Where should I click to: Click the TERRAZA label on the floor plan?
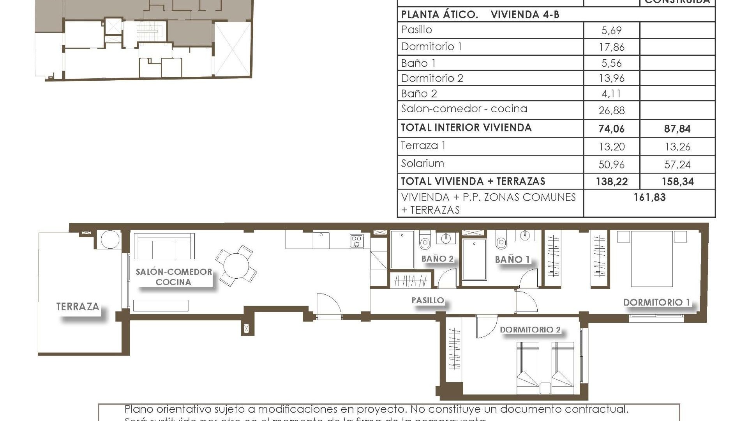point(78,307)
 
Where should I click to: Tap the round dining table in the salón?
point(236,266)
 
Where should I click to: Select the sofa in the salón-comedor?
point(164,246)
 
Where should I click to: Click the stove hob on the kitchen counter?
point(356,241)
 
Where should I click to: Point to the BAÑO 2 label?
point(437,258)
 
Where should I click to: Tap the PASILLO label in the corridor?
point(427,300)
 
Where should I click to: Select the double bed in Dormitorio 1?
point(652,259)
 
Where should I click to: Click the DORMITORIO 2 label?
point(530,330)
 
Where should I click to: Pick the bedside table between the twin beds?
point(545,388)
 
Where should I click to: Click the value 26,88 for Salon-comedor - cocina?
point(611,111)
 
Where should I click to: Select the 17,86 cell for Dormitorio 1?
point(611,47)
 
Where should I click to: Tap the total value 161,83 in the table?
point(649,197)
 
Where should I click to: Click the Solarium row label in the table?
point(422,163)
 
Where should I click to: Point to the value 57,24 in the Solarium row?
point(677,165)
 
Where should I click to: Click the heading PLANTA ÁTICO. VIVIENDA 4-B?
point(480,15)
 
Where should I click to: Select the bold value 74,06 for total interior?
point(611,129)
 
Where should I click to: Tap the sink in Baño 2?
point(446,238)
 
